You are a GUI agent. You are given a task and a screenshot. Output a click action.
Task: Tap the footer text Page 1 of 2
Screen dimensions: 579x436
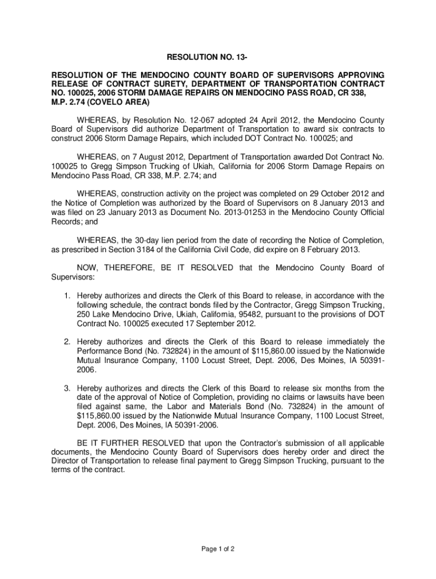(217, 548)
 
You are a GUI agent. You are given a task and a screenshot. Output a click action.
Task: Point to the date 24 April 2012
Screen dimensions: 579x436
(250, 120)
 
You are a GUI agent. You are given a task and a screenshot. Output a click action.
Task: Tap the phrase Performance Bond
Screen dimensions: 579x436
(108, 351)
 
